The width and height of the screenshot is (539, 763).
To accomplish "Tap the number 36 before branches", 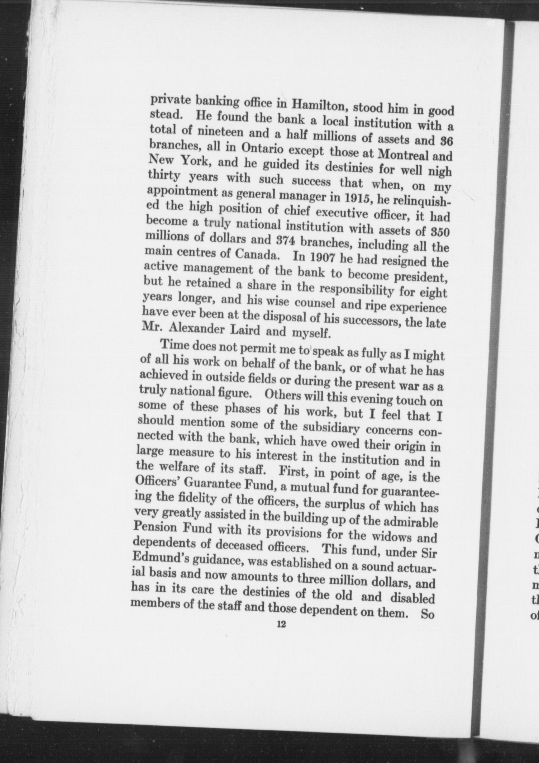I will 447,141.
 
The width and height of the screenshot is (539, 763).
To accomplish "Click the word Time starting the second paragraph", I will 175,345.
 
